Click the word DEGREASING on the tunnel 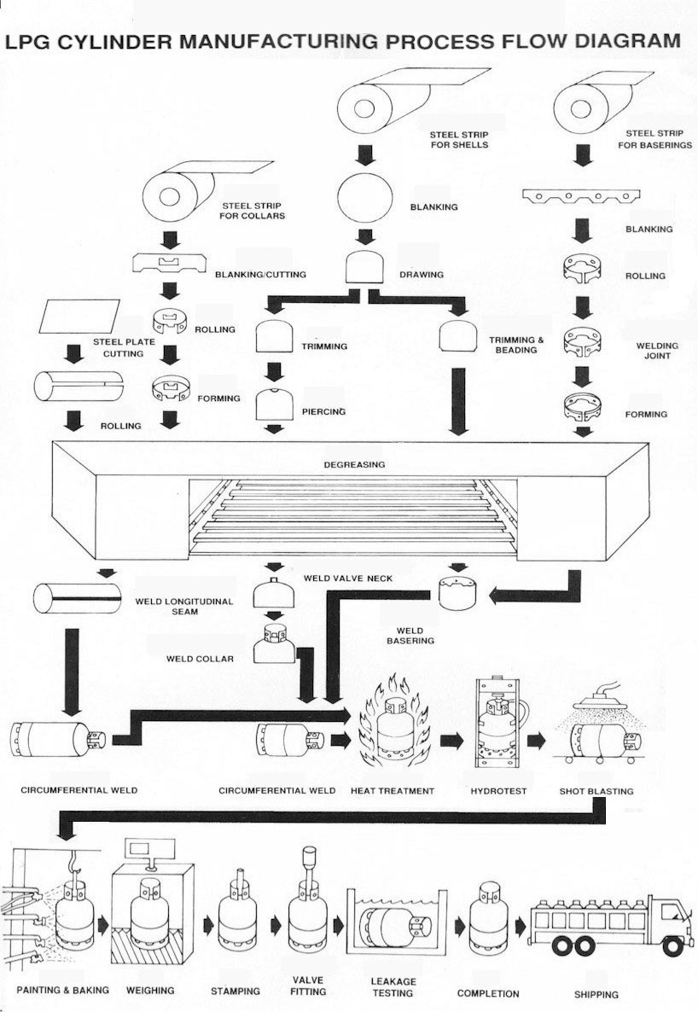pyautogui.click(x=354, y=464)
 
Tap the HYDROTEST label pyautogui.click(x=498, y=791)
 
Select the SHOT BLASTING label pyautogui.click(x=596, y=791)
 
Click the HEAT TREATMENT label pyautogui.click(x=393, y=791)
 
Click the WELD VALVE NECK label pyautogui.click(x=348, y=579)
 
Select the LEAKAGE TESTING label pyautogui.click(x=393, y=987)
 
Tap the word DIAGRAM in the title pyautogui.click(x=628, y=41)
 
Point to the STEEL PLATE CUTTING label pyautogui.click(x=124, y=348)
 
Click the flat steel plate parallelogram pyautogui.click(x=79, y=317)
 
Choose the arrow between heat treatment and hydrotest pyautogui.click(x=452, y=741)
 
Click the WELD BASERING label pyautogui.click(x=410, y=636)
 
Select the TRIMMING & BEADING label pyautogui.click(x=516, y=345)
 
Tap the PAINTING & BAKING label pyautogui.click(x=62, y=990)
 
